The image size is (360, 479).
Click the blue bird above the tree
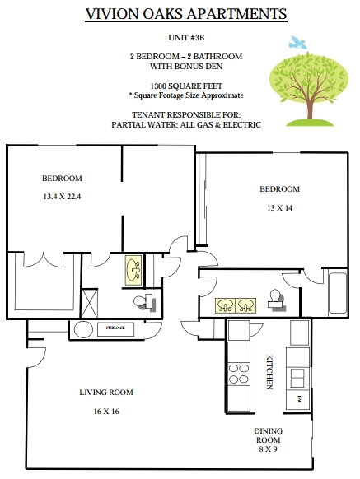click(x=297, y=43)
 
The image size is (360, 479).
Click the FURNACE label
click(x=115, y=328)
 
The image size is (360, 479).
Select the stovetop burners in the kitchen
click(x=239, y=374)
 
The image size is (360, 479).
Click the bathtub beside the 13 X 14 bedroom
click(x=338, y=293)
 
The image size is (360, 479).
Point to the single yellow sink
click(x=133, y=270)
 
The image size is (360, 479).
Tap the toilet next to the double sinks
click(x=276, y=300)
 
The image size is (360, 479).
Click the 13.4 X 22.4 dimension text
click(x=62, y=197)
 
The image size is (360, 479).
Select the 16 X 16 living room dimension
click(x=106, y=412)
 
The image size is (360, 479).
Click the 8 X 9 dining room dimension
click(x=268, y=449)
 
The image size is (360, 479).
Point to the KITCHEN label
click(x=269, y=372)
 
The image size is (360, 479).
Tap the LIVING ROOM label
click(x=106, y=393)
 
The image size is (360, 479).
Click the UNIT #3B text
click(x=186, y=38)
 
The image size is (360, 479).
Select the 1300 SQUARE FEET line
click(x=186, y=86)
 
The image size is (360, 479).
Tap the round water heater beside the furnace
click(x=83, y=329)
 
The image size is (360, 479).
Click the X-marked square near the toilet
click(x=89, y=303)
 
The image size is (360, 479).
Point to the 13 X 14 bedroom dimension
click(x=279, y=208)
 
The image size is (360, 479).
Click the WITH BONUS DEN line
click(x=186, y=67)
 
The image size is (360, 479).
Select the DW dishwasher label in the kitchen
click(x=299, y=398)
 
